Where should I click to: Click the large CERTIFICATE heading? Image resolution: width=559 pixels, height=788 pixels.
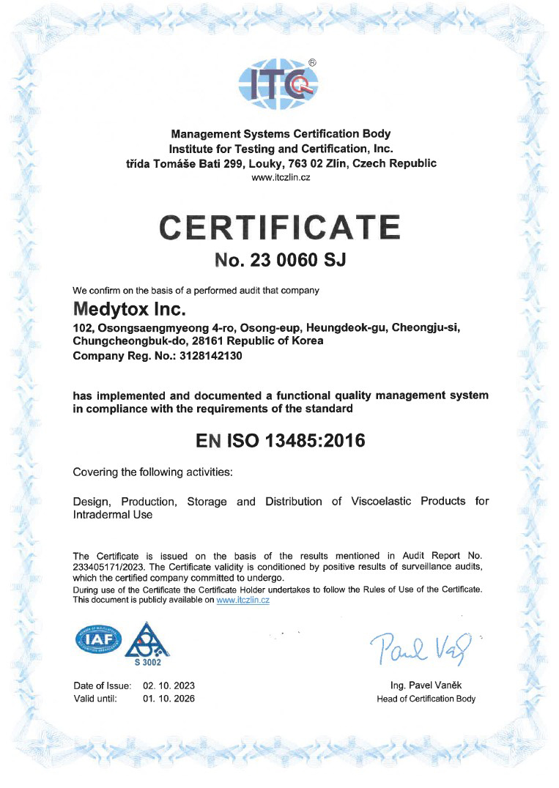[x=281, y=228]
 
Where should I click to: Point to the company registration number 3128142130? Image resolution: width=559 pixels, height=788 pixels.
[x=207, y=356]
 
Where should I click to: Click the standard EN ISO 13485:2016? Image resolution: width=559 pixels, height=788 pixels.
[x=281, y=441]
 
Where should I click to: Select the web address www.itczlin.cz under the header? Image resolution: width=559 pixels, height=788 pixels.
[x=281, y=178]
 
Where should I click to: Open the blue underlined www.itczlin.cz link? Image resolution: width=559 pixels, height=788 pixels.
[x=243, y=600]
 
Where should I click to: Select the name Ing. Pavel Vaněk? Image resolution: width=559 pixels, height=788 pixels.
[x=426, y=685]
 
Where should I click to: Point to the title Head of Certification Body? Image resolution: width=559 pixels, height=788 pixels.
[x=426, y=699]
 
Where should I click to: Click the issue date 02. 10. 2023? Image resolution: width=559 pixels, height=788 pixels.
[x=169, y=685]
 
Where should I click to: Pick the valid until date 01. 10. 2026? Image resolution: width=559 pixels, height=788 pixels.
[x=169, y=699]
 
